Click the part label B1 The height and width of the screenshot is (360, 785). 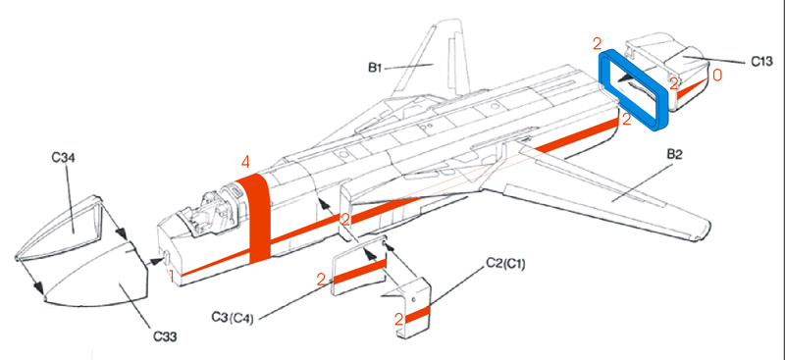(376, 67)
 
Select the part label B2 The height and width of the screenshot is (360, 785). (674, 155)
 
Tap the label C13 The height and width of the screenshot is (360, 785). (761, 62)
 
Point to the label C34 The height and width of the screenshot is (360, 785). (64, 158)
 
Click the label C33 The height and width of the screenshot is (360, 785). (165, 337)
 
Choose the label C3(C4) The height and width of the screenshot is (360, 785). (233, 318)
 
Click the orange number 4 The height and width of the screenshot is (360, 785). (244, 162)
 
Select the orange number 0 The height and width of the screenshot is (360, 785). (717, 76)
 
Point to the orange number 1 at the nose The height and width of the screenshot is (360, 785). (171, 276)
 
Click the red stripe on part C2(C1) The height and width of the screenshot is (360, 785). (417, 315)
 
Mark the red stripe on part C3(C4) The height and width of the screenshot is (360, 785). (359, 272)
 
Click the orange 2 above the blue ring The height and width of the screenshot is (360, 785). (598, 44)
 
